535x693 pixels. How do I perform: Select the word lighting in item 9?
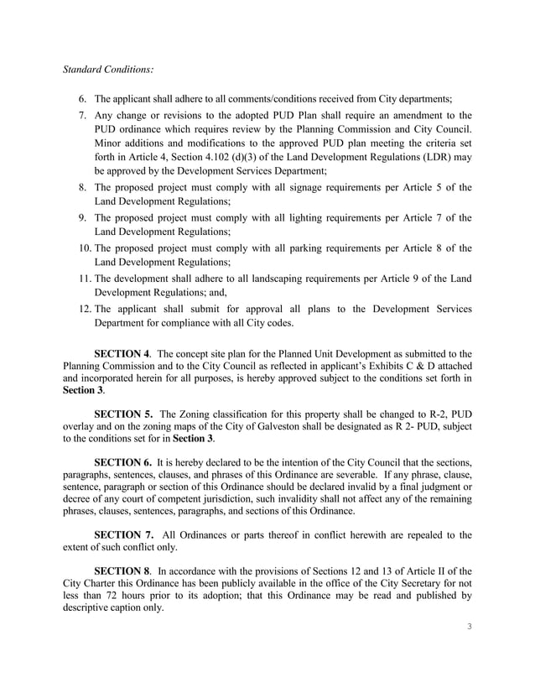(301, 218)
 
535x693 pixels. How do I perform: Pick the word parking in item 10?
(301, 247)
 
